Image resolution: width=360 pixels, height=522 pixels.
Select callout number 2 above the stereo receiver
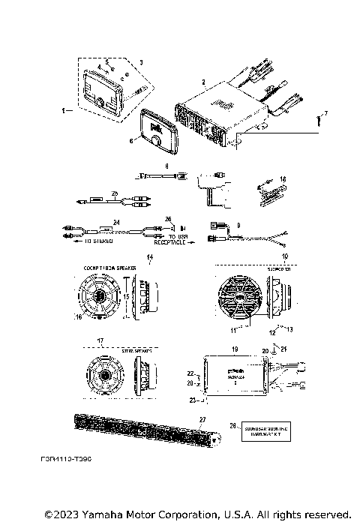[x=203, y=79]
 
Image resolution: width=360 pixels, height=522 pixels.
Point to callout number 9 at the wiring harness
[x=238, y=224]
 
